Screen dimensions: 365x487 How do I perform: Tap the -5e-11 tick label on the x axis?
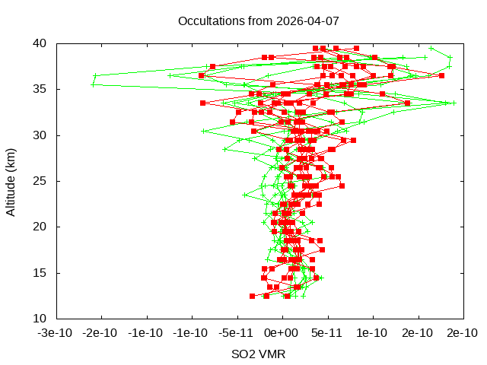click(x=237, y=333)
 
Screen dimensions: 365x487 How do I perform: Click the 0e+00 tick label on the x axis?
click(x=282, y=333)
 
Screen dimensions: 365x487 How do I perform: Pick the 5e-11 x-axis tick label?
click(x=327, y=333)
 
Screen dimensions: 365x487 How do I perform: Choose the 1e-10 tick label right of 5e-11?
click(x=372, y=333)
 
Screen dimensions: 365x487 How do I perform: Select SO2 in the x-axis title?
click(x=243, y=354)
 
